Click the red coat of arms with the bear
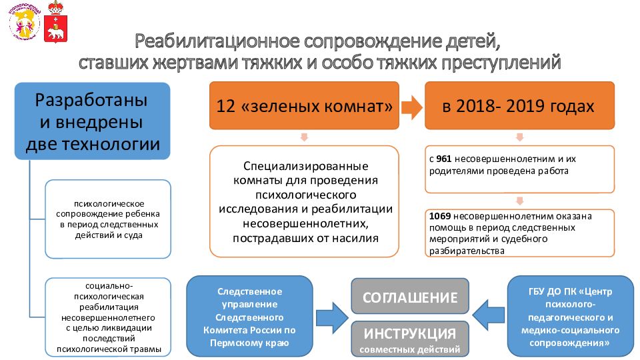click(x=55, y=22)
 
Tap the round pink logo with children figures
click(x=24, y=22)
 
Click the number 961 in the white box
click(x=444, y=159)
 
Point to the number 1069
click(x=439, y=216)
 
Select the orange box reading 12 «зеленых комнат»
click(x=304, y=106)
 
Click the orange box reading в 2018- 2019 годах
click(x=519, y=106)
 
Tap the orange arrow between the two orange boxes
click(x=412, y=107)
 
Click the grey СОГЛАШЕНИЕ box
click(x=410, y=296)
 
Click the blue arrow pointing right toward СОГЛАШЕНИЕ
click(x=332, y=318)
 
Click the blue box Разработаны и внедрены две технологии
click(x=92, y=121)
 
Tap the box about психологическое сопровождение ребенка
click(x=108, y=219)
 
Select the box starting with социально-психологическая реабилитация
click(x=108, y=317)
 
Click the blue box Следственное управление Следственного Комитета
click(x=249, y=316)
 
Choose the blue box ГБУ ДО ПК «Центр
click(x=570, y=316)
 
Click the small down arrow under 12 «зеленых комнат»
click(x=304, y=137)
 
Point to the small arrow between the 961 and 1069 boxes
click(x=519, y=201)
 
